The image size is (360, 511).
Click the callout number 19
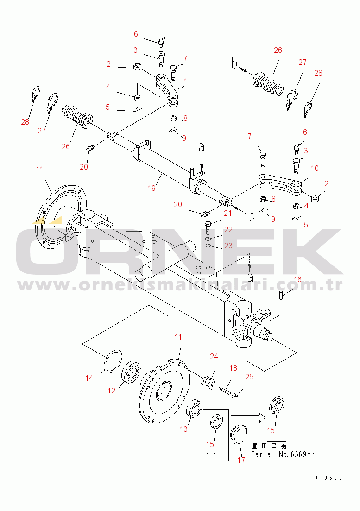pos(152,188)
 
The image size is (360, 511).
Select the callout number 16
pos(297,279)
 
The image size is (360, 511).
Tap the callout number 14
pos(89,378)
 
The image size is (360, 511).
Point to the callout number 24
pos(214,356)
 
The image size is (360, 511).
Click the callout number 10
pos(315,168)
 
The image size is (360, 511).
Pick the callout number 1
pos(185,81)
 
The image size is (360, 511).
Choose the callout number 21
pos(228,213)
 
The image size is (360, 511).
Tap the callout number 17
pos(241,460)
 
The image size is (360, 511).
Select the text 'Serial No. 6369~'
pos(282,454)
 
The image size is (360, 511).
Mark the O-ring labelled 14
pos(113,360)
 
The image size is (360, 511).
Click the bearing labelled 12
pos(131,372)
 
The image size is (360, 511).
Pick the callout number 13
pos(184,429)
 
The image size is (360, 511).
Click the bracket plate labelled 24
pos(208,382)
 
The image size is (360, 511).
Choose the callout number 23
pos(228,246)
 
